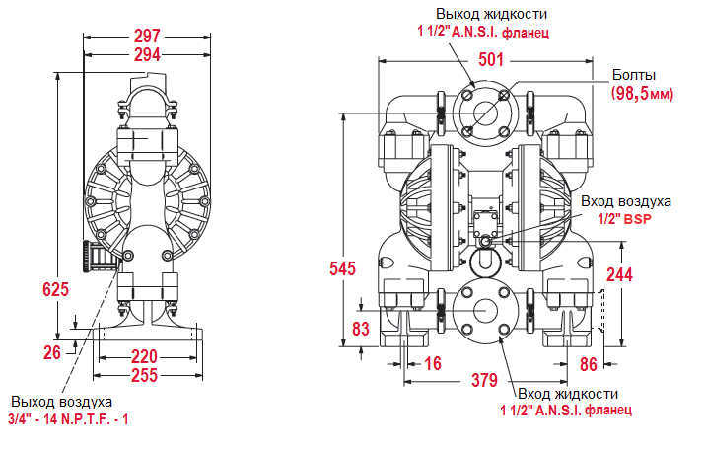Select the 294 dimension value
147,55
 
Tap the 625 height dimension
56,289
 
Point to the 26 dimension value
52,350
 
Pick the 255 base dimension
144,375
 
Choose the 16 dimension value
432,363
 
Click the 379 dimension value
483,380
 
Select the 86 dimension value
588,363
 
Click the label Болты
634,75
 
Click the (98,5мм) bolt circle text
643,93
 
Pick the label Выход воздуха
61,402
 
